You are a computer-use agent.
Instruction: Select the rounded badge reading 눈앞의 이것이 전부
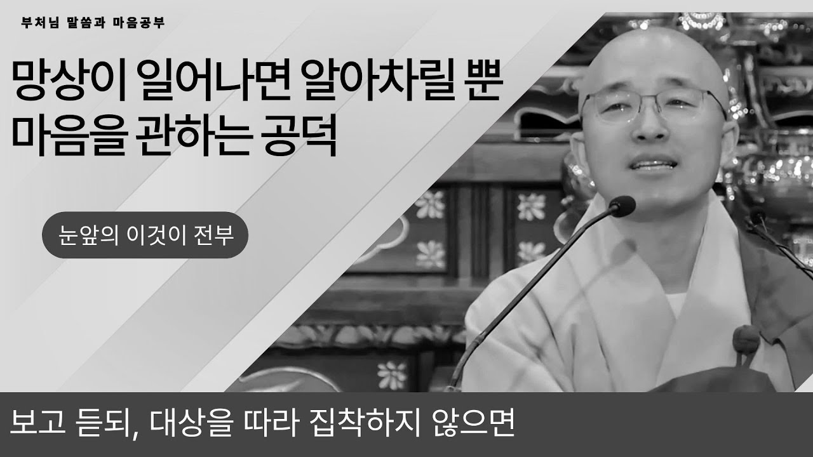click(x=144, y=235)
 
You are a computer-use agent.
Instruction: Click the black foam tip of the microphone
click(x=621, y=206)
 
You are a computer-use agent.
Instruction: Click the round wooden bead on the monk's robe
click(x=745, y=340)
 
